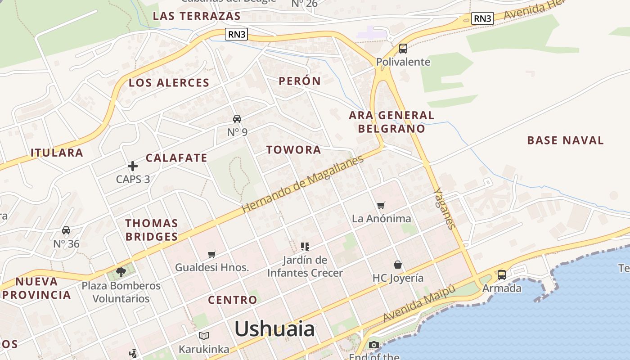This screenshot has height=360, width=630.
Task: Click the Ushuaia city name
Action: click(x=274, y=329)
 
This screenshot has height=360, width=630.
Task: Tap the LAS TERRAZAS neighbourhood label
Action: click(x=197, y=16)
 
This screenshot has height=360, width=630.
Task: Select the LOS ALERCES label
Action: click(x=169, y=83)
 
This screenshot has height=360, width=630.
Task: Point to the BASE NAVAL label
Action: click(x=565, y=140)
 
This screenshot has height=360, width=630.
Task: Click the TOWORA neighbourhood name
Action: click(x=293, y=150)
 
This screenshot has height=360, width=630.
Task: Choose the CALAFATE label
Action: click(x=176, y=158)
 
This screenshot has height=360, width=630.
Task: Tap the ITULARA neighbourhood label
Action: click(x=57, y=153)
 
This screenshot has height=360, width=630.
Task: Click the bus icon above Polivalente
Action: click(x=403, y=49)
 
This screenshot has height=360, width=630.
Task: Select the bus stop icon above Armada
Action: click(x=502, y=274)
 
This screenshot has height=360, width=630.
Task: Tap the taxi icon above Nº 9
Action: click(x=237, y=119)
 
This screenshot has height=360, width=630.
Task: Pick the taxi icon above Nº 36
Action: click(x=66, y=230)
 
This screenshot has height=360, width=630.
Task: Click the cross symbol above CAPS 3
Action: click(x=133, y=166)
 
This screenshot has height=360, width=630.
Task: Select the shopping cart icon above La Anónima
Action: click(x=381, y=206)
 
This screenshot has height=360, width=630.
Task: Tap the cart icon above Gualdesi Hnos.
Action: click(x=212, y=254)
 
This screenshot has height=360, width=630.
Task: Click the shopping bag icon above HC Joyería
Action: click(x=398, y=264)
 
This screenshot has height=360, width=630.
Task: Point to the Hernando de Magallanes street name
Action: click(x=302, y=184)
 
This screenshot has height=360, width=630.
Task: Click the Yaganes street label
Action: click(x=444, y=209)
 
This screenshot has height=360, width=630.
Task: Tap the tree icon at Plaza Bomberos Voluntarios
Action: click(x=121, y=272)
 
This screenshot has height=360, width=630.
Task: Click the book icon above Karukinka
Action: click(x=204, y=336)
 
